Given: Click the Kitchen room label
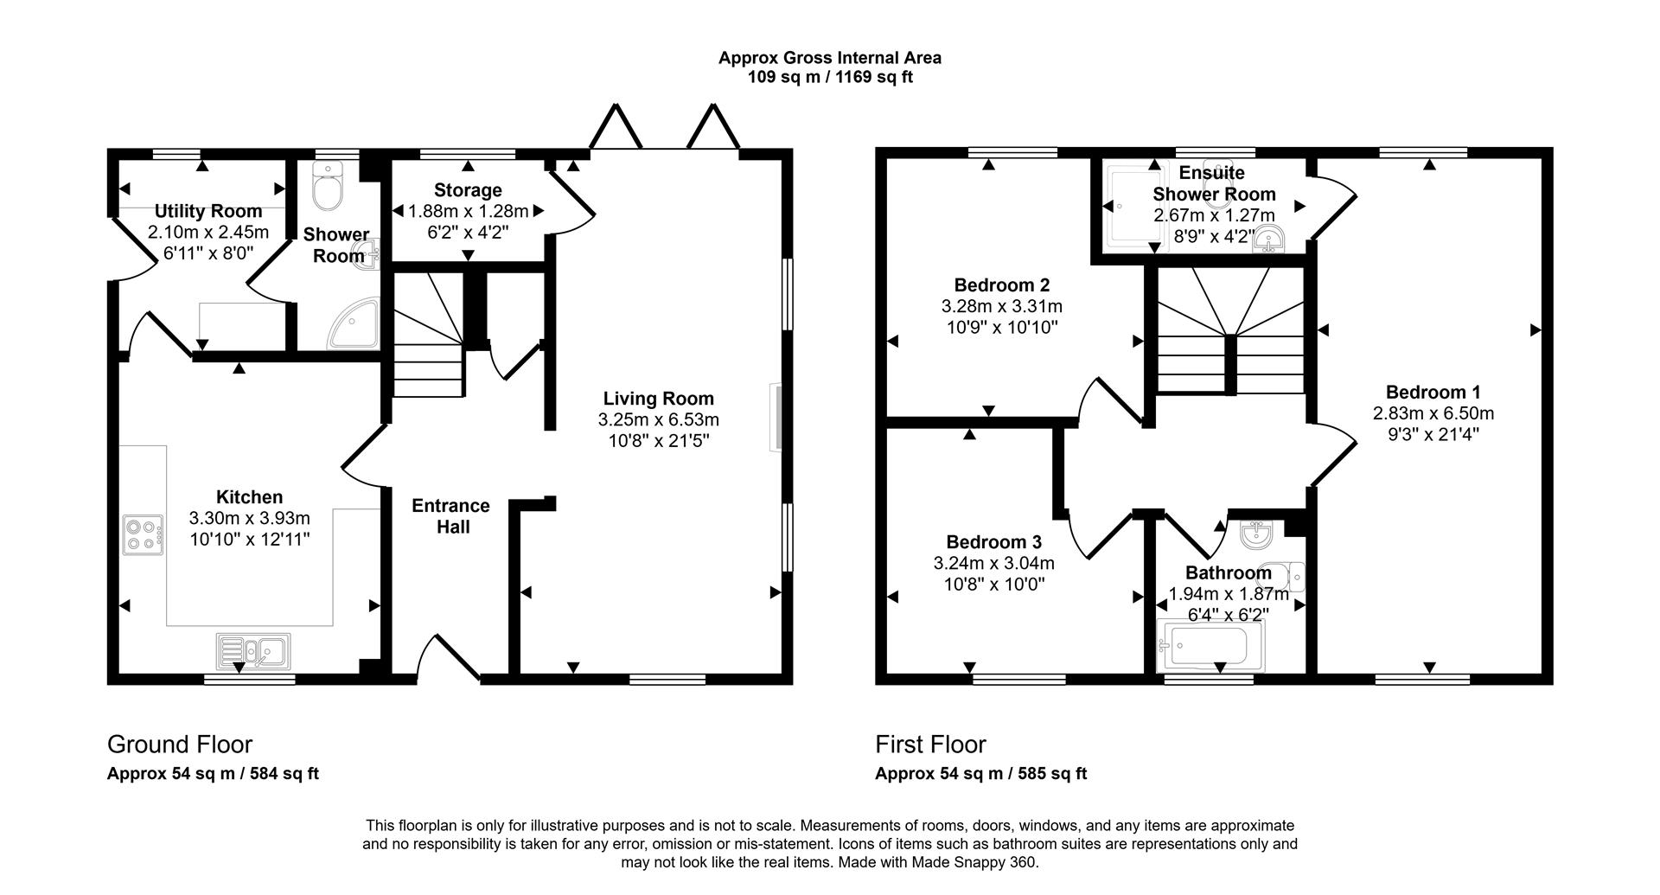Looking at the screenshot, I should point(249,497).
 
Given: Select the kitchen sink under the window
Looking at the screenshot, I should point(253,650).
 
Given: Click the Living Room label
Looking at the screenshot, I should point(658,399).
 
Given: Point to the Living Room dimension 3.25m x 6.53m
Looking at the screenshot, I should point(658,420).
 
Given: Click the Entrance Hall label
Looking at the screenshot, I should point(450,516).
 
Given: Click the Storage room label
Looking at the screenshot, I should point(468,190).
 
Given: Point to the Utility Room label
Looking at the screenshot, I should point(208,211).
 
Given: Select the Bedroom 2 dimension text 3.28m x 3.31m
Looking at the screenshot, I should point(1001,306).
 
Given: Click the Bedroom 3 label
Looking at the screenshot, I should point(993,542).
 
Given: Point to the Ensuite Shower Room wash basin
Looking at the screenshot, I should point(1268,240).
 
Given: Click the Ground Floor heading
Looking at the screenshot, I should point(180,745).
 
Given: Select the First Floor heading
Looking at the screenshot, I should point(930,745).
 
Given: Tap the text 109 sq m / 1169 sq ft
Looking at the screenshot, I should point(830,77).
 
